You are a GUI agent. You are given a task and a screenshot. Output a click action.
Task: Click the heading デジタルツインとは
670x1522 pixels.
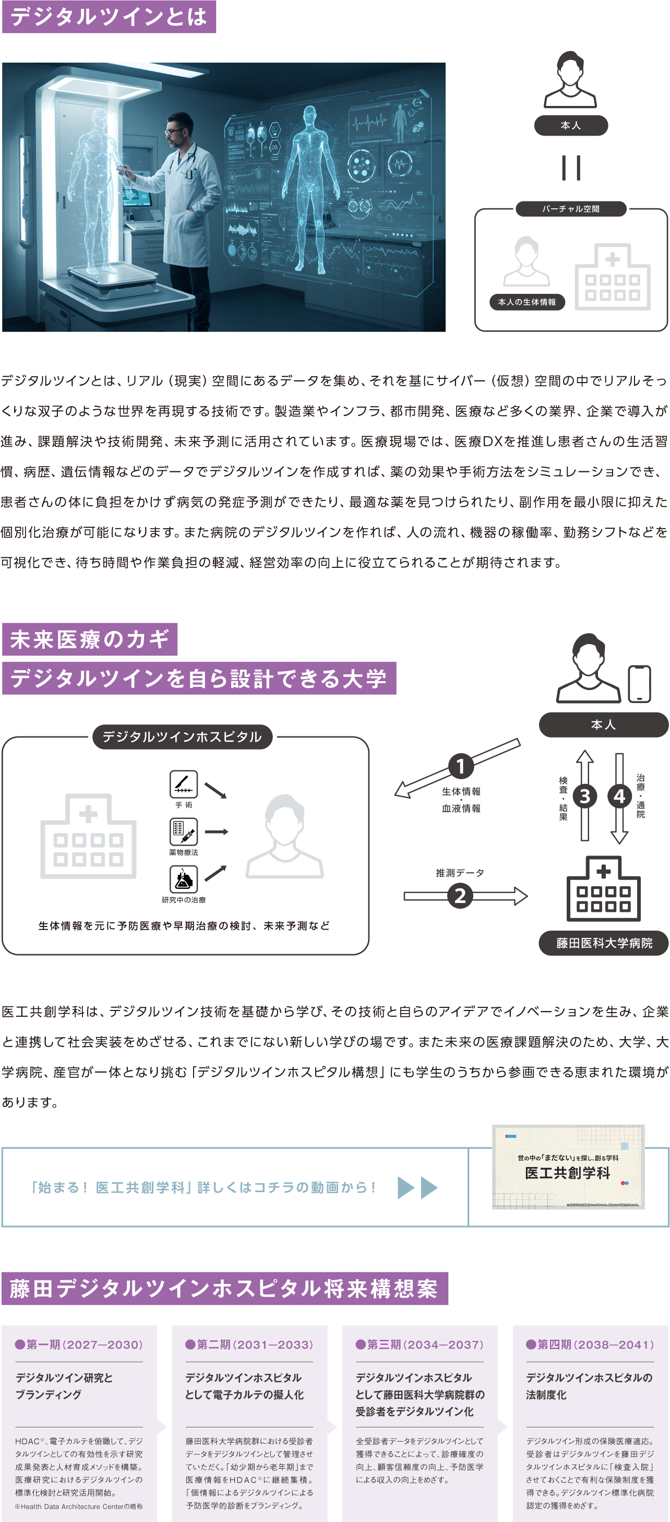[x=109, y=17]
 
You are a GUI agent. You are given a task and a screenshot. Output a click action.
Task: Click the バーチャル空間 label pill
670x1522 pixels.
[x=571, y=209]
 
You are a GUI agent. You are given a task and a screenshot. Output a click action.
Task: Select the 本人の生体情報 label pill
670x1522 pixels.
[x=527, y=302]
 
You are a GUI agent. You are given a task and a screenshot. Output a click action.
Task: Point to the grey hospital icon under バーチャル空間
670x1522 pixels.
[x=613, y=278]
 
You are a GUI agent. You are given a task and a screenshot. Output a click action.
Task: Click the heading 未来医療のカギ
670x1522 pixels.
[x=90, y=639]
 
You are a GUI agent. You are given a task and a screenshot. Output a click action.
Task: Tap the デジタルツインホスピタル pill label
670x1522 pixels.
[x=182, y=737]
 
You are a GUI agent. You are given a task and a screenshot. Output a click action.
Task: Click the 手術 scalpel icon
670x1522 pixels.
[x=184, y=784]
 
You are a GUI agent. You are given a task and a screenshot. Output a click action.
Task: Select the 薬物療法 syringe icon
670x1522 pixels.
[x=184, y=831]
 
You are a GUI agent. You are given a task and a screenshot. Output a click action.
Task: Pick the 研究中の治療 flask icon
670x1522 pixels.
[x=184, y=879]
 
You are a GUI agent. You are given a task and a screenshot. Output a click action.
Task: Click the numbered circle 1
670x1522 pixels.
[x=461, y=766]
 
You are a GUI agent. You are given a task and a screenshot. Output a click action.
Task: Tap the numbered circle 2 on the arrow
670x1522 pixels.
[x=460, y=896]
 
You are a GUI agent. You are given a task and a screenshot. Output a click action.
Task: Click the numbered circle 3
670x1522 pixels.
[x=584, y=796]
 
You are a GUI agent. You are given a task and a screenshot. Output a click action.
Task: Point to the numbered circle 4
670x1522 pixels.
[x=619, y=796]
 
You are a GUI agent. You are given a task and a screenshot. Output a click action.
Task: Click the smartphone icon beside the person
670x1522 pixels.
[x=639, y=684]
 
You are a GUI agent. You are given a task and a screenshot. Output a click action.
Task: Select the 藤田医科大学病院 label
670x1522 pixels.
[x=604, y=943]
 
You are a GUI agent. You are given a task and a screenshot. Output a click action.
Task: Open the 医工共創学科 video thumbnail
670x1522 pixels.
[x=568, y=1167]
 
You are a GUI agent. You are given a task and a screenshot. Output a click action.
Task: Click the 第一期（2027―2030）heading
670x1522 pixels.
[x=79, y=1344]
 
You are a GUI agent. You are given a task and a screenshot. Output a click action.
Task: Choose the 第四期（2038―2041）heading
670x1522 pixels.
[x=590, y=1344]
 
